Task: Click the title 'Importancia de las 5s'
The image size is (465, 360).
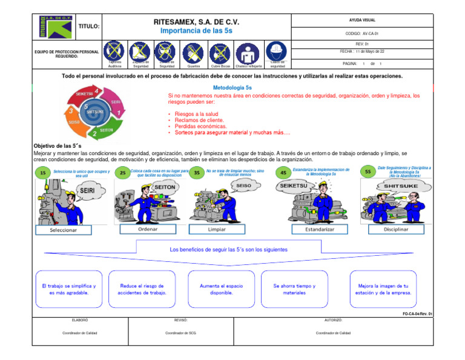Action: pos(196,30)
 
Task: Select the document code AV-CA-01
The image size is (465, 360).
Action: pos(361,35)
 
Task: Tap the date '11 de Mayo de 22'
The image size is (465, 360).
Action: pos(362,52)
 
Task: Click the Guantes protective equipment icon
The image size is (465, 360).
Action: pos(194,53)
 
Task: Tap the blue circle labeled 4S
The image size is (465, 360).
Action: pos(283,173)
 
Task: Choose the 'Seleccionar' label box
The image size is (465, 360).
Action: pos(54,230)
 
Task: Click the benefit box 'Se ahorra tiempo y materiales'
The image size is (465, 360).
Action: pos(294,289)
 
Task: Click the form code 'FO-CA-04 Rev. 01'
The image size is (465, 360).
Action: pos(417,314)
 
